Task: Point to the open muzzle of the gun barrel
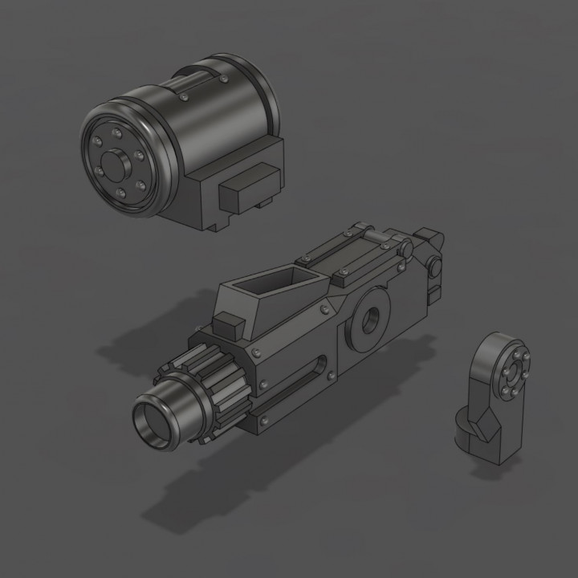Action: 154,423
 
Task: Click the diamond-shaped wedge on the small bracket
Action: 484,425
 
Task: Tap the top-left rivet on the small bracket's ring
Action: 503,355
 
